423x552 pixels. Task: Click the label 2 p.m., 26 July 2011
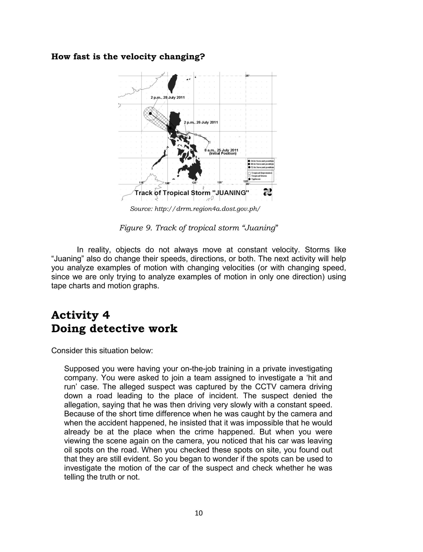[201, 122]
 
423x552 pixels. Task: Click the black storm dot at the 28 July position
[150, 113]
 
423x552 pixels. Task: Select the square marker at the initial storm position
[209, 142]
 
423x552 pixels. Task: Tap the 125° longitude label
[195, 183]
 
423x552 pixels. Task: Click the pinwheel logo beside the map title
[267, 192]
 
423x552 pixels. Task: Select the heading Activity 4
[81, 315]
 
